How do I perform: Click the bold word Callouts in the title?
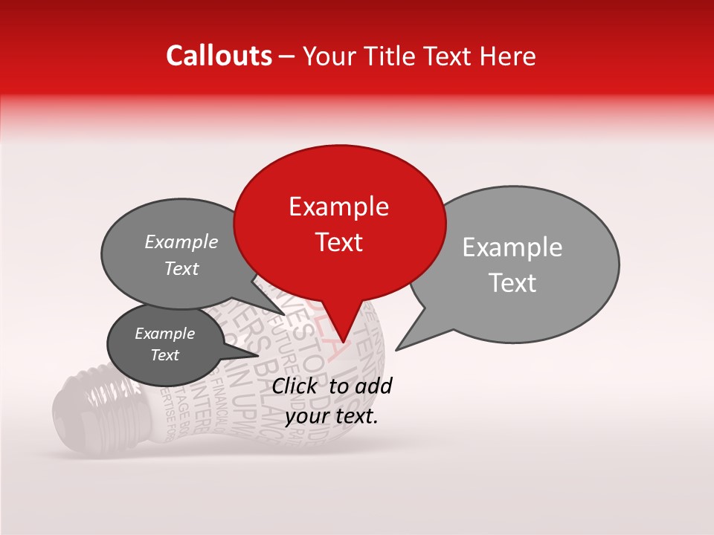coord(219,56)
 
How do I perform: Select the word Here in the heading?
coord(508,56)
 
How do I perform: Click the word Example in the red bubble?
coord(338,207)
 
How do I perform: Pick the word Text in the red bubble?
coord(338,242)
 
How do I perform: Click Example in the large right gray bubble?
coord(512,247)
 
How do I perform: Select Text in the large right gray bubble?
coord(512,283)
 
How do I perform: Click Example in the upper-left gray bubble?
coord(181,241)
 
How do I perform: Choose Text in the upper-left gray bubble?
coord(181,268)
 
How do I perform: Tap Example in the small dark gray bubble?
coord(164,334)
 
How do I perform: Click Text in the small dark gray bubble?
coord(164,355)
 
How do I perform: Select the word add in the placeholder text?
coord(374,386)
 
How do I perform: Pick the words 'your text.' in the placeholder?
coord(332,416)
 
